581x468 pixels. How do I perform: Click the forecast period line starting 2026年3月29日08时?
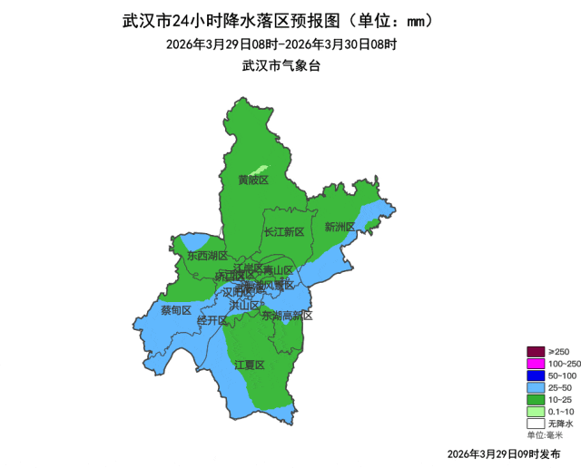(x=282, y=44)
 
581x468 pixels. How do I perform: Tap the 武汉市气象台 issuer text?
(x=282, y=65)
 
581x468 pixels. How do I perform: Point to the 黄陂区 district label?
(x=253, y=180)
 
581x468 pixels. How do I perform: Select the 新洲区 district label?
(x=340, y=227)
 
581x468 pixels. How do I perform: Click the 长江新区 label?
(x=284, y=232)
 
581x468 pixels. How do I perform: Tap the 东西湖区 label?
(x=208, y=256)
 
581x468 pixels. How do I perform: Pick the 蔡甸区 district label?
(x=176, y=310)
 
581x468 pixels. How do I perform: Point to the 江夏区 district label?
(x=249, y=365)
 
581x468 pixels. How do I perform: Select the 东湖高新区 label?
(x=287, y=316)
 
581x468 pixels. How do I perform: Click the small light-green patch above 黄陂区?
(x=260, y=169)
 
